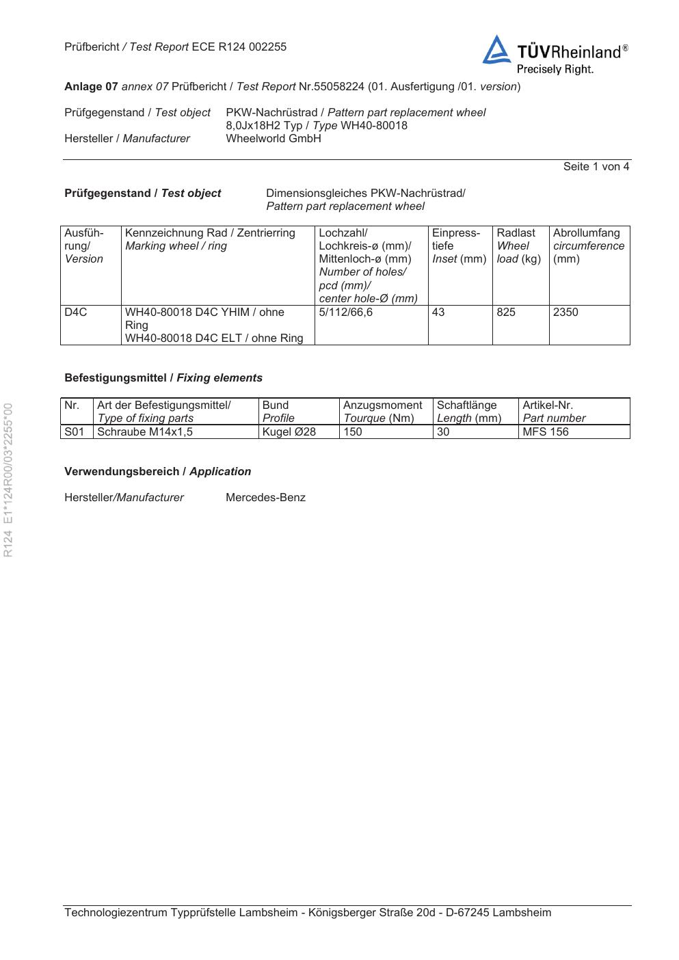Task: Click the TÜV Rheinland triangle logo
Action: tap(496, 51)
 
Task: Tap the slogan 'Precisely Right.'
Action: tap(555, 69)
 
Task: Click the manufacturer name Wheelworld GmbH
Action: tap(273, 138)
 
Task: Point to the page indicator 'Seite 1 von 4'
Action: tap(596, 166)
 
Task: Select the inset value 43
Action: tap(438, 312)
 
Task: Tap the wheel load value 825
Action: tap(506, 312)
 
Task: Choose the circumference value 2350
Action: tap(565, 312)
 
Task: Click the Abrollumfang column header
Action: tap(587, 233)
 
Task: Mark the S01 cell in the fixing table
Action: tap(74, 432)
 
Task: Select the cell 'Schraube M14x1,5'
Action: tap(145, 432)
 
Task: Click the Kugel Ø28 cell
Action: tap(289, 432)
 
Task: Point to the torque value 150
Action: tap(353, 432)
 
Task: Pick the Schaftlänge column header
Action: tap(467, 405)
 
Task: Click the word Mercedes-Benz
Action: tap(265, 498)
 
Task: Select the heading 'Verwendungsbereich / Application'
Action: tap(157, 472)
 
